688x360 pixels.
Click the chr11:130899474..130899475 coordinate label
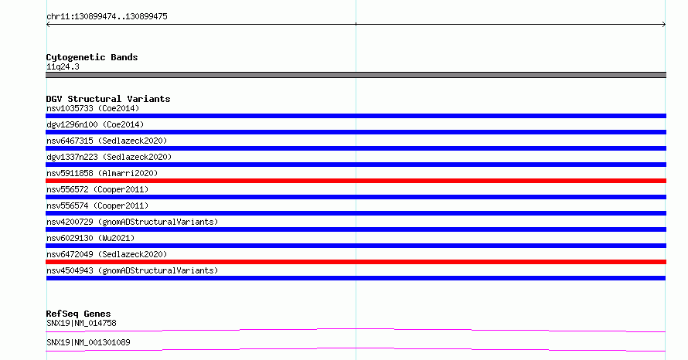tap(107, 17)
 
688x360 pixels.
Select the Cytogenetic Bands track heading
tap(92, 57)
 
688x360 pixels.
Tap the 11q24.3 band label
tap(63, 66)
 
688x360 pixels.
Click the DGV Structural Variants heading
tap(108, 99)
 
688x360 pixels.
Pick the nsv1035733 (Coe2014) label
tap(93, 108)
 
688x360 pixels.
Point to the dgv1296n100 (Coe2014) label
tap(95, 124)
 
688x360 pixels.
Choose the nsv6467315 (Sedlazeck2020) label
tap(107, 141)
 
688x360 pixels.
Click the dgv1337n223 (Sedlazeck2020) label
tap(109, 157)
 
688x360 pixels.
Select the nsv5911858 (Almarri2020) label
tap(102, 173)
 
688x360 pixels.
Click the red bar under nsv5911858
tap(356, 181)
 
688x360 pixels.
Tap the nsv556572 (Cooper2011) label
tap(97, 189)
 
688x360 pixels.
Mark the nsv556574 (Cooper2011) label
tap(97, 205)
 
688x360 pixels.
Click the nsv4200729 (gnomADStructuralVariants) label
tap(132, 222)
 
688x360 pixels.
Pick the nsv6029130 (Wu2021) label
tap(90, 238)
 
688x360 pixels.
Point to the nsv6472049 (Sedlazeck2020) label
tap(107, 254)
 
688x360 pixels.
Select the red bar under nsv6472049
tap(356, 262)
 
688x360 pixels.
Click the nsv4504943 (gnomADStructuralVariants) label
tap(132, 270)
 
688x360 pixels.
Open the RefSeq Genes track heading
tap(79, 314)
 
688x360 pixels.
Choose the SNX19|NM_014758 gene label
tap(81, 323)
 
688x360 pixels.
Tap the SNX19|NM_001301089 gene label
tap(88, 342)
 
